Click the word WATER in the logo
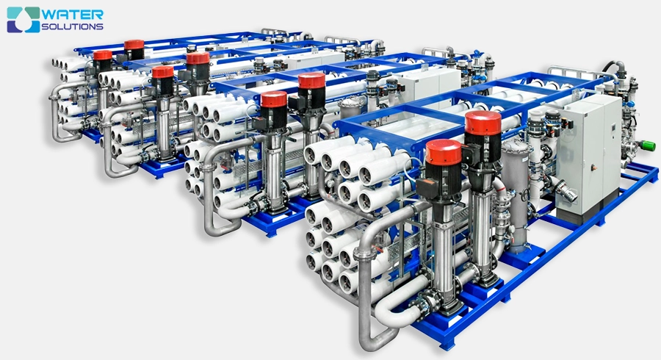(72, 15)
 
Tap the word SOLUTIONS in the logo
(72, 26)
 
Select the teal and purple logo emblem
(24, 19)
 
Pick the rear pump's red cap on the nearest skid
(483, 123)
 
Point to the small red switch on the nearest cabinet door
(594, 168)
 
